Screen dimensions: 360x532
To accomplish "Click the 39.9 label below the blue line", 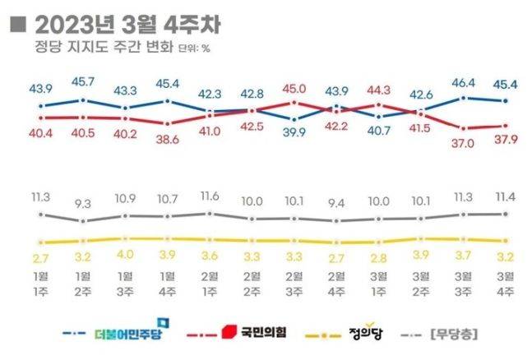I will click(294, 133).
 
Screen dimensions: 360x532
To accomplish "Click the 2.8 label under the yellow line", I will click(379, 257).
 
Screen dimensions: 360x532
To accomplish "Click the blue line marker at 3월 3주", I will click(465, 98).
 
